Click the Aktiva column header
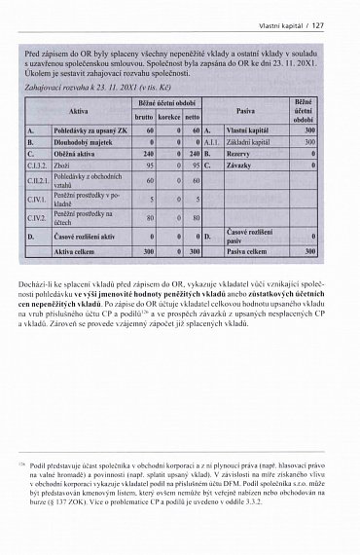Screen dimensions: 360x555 pyautogui.click(x=79, y=110)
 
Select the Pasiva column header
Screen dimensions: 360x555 pyautogui.click(x=252, y=110)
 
